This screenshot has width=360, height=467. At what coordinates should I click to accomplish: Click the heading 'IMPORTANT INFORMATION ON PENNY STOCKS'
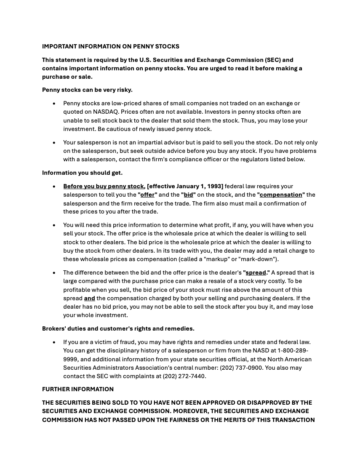point(110,46)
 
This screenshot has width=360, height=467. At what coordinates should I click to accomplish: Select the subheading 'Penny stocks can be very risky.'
point(87,90)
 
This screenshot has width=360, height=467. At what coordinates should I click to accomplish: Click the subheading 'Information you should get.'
point(82,173)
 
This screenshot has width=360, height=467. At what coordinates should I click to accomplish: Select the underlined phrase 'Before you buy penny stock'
point(104,186)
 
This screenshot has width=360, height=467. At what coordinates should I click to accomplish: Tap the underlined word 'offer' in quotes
point(147,195)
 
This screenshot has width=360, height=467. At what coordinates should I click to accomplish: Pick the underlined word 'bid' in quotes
point(188,195)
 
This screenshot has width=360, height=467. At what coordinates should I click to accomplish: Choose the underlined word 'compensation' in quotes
point(281,195)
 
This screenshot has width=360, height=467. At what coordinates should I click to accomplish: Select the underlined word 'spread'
point(256,272)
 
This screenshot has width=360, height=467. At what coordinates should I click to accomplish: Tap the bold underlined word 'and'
point(89,298)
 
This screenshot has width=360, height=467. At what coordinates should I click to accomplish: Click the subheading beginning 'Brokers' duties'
point(118,328)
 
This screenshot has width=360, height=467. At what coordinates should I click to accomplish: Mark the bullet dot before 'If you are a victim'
point(54,342)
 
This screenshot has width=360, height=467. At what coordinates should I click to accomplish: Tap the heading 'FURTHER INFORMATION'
point(77,389)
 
